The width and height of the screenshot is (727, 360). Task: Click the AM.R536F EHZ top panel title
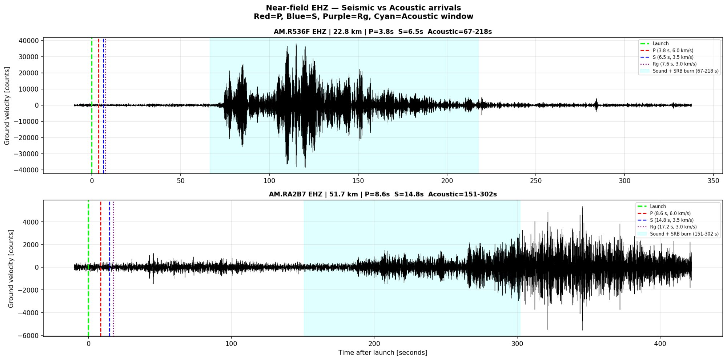[x=382, y=32]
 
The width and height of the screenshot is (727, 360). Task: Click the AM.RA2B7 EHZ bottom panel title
[x=382, y=194]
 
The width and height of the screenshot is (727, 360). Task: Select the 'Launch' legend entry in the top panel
[x=660, y=44]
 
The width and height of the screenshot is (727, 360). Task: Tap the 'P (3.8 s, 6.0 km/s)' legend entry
[x=672, y=51]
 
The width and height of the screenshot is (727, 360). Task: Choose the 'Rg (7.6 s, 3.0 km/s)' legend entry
[x=674, y=64]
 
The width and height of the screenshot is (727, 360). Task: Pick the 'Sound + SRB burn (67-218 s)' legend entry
[x=685, y=71]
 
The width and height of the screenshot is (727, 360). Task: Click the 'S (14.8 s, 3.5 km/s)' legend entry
[x=671, y=220]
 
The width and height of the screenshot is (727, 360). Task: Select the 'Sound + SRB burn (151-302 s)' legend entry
[x=684, y=234]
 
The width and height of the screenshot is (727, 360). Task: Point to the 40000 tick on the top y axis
[x=29, y=41]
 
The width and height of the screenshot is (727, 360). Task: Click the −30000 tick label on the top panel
[x=26, y=154]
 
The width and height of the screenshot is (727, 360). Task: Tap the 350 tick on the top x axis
[x=713, y=181]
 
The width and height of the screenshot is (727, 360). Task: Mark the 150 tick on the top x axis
[x=358, y=181]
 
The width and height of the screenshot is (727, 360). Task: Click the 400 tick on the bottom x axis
[x=660, y=344]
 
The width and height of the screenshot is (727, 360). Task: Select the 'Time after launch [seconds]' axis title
[x=382, y=352]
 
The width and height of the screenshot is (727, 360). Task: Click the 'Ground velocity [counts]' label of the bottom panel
[x=11, y=268]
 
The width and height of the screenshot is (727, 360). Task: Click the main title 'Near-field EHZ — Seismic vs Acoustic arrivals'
[x=363, y=8]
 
